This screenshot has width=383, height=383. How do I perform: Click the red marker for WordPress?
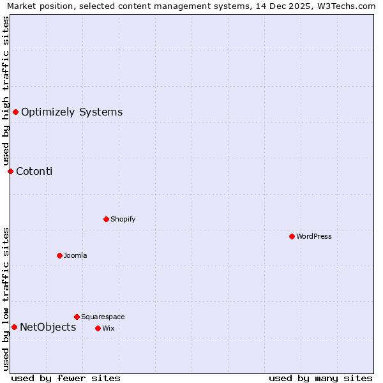(292, 236)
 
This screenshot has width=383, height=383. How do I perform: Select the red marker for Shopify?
(106, 219)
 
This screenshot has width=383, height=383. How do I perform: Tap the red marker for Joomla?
(59, 255)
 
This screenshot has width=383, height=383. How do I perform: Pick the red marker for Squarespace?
(77, 317)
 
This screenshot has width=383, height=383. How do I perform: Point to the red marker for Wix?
(98, 328)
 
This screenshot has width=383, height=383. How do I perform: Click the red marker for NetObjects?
(14, 327)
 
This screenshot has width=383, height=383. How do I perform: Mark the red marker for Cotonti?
(10, 171)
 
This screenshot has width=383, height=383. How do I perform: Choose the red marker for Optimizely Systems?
(15, 112)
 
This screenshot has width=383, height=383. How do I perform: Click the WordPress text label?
(314, 236)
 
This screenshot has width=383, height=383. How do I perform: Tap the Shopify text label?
(123, 219)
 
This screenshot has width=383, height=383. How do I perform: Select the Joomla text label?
(75, 255)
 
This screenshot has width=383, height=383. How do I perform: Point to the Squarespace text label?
(103, 317)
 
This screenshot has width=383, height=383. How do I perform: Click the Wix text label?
(108, 328)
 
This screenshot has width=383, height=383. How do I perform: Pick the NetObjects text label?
(48, 327)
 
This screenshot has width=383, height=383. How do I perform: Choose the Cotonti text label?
(34, 171)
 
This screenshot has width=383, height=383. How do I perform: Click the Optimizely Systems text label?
(71, 112)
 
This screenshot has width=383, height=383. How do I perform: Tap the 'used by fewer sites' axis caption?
(66, 378)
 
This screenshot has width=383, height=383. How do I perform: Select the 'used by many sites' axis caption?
(320, 378)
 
